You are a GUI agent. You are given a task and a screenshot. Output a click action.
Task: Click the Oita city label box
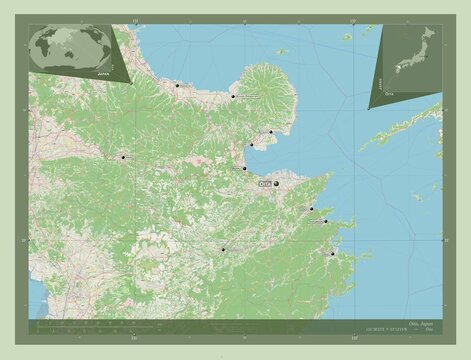click(x=264, y=184)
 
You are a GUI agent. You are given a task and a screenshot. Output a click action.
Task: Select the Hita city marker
click(x=123, y=157)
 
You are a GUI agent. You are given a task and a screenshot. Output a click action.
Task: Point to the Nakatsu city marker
click(x=177, y=86)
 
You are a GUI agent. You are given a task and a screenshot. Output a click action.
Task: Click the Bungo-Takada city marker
click(x=232, y=96)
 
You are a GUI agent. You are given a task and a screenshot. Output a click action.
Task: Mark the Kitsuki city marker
click(x=270, y=132)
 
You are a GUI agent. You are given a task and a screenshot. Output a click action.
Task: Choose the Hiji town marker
click(x=251, y=146)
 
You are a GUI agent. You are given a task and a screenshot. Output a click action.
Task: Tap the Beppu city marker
click(x=244, y=168)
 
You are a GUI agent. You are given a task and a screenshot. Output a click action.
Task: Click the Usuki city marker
click(x=311, y=209)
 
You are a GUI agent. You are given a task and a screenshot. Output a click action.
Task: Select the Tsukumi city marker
click(x=325, y=221)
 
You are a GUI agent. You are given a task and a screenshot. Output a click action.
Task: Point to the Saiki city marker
click(x=332, y=253)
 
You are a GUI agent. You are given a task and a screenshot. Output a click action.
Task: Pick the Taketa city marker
click(x=223, y=249)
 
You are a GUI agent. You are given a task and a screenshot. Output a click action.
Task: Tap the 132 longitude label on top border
click(x=348, y=21)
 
